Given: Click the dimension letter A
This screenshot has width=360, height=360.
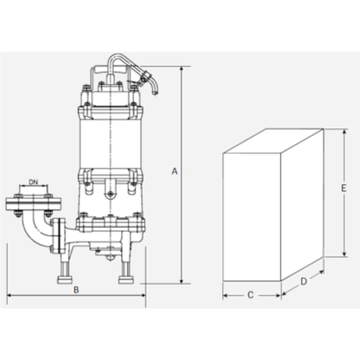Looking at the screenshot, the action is click(x=175, y=171).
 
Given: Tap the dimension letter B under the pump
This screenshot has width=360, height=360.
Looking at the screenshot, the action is click(x=76, y=290).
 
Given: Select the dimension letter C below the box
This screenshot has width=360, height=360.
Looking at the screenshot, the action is click(x=251, y=295).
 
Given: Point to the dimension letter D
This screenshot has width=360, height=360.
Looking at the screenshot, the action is click(x=304, y=282).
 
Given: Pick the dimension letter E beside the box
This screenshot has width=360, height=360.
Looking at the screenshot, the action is click(x=343, y=189).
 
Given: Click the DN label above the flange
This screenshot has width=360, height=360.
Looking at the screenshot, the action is click(x=33, y=182).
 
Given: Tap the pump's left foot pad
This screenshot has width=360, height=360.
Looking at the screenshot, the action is click(x=64, y=280).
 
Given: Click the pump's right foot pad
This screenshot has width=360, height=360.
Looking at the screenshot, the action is click(x=126, y=280).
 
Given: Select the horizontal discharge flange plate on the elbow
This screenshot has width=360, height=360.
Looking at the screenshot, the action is click(x=33, y=204).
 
